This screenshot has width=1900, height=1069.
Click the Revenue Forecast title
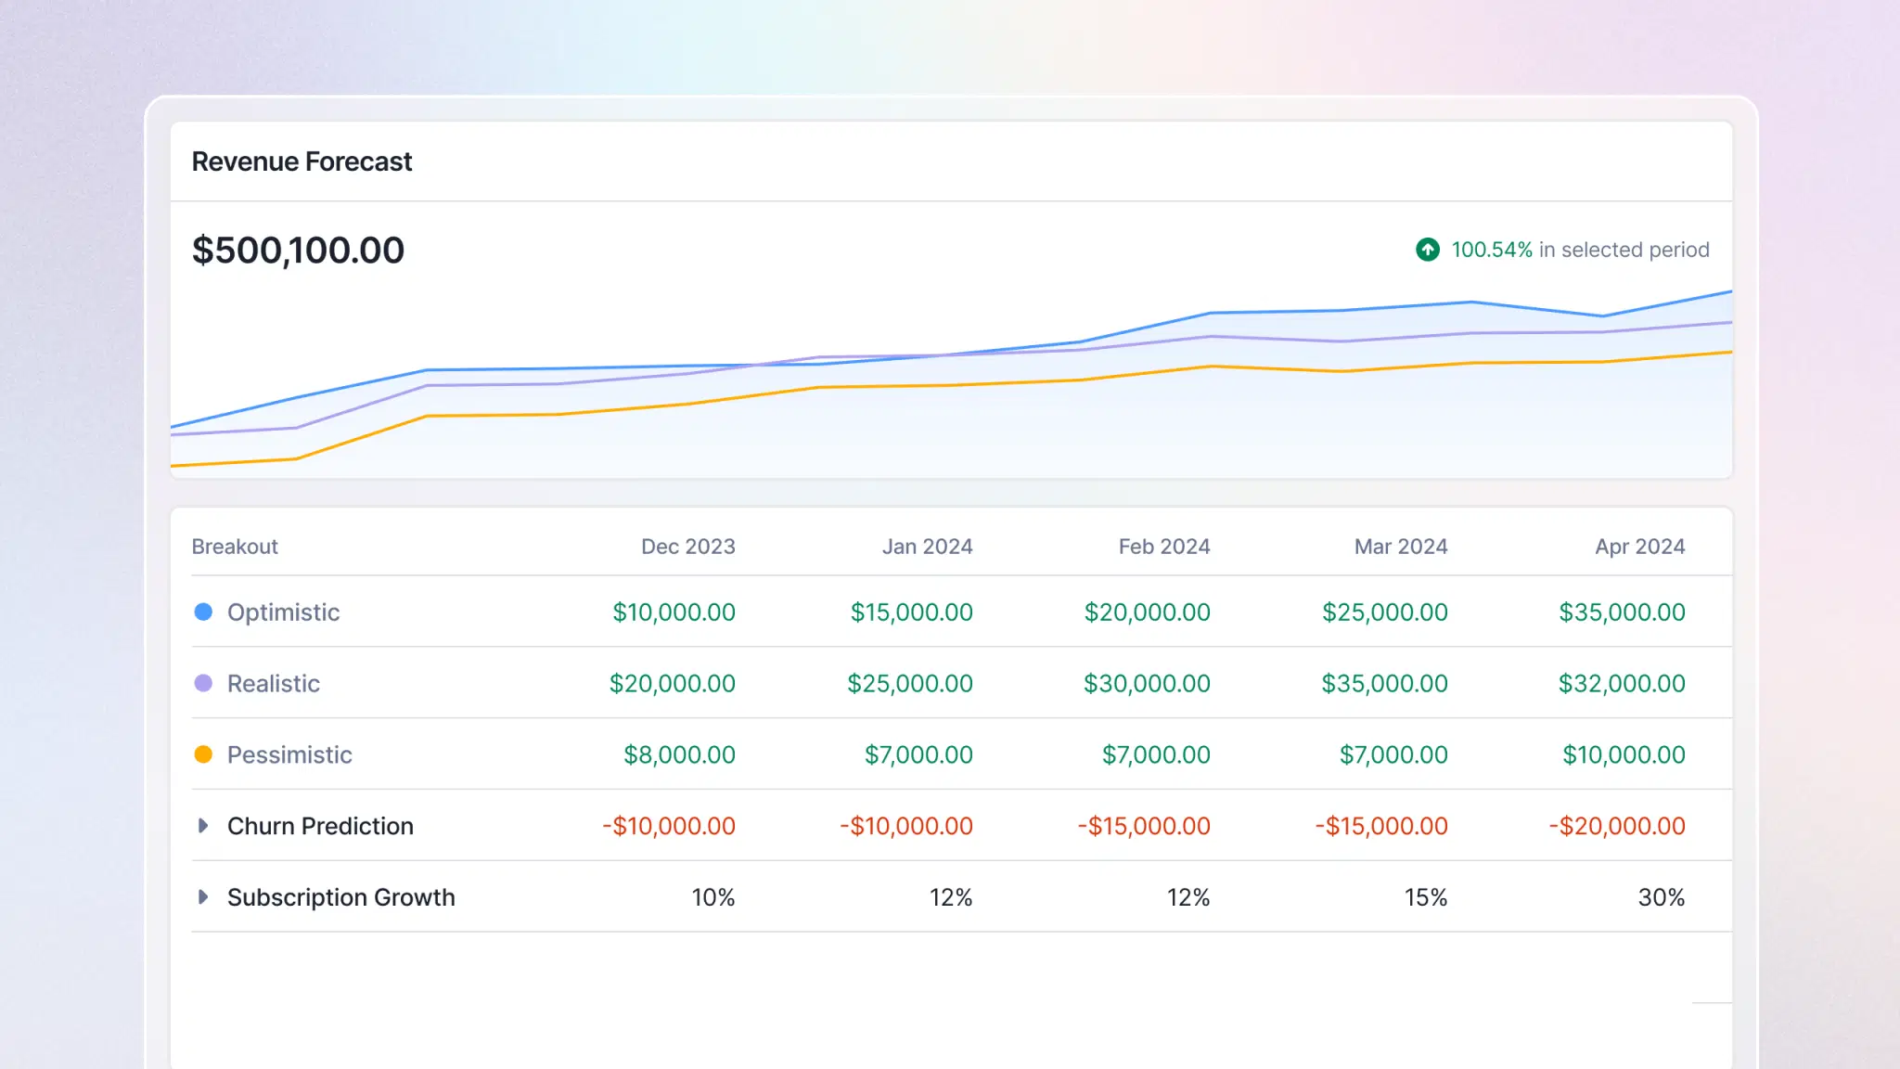(302, 161)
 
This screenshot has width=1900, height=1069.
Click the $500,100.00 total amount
(298, 250)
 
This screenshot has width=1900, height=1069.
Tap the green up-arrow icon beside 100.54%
(1428, 250)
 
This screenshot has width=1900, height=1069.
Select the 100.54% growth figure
(1491, 250)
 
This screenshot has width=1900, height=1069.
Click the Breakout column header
(235, 547)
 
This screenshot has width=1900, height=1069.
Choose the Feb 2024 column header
(1163, 547)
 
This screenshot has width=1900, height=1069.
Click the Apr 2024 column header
(1639, 547)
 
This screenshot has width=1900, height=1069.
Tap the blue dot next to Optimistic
(203, 612)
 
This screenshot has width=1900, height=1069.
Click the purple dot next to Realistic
(203, 683)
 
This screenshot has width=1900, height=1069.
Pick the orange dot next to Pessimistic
(203, 754)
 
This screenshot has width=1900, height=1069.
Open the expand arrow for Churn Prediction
(203, 826)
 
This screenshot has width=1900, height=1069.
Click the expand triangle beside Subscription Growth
(203, 897)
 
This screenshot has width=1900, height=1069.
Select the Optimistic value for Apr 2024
(1622, 612)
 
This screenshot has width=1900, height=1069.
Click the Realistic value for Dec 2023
(672, 684)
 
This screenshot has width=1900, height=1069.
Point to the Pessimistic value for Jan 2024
(918, 754)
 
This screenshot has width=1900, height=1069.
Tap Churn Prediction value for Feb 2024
(1143, 826)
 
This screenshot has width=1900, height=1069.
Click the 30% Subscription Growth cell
(1661, 897)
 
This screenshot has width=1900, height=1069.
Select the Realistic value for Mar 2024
(1384, 684)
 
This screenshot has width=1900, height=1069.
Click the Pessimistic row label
(289, 754)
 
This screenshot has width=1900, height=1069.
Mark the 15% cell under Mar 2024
(1425, 897)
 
